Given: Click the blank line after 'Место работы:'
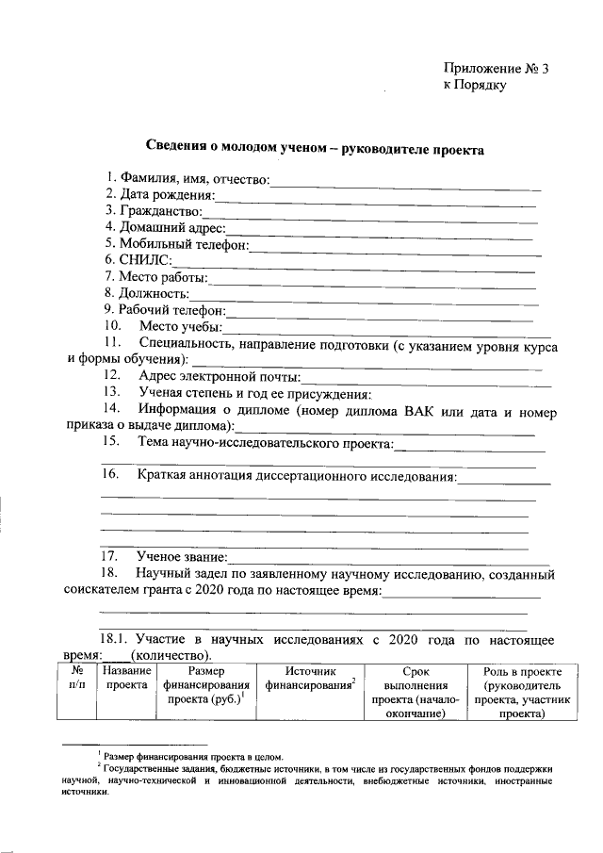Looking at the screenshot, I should point(372,278).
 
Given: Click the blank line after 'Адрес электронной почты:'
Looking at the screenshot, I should point(426,379).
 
